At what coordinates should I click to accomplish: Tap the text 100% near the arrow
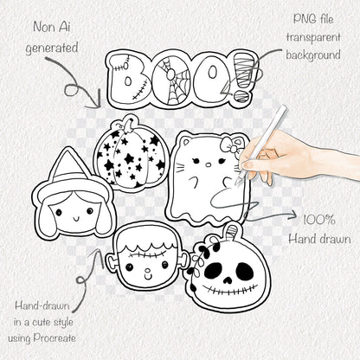(x=319, y=221)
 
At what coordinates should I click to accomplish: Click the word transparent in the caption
(x=313, y=37)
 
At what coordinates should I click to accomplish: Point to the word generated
(x=52, y=48)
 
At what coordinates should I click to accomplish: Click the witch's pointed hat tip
(x=68, y=149)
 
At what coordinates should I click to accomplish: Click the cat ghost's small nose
(x=207, y=165)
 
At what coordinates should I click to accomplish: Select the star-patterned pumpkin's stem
(x=127, y=123)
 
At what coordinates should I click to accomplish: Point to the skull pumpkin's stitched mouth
(x=230, y=289)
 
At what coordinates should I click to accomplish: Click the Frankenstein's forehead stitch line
(x=148, y=255)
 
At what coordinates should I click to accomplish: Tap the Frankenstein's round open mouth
(x=149, y=271)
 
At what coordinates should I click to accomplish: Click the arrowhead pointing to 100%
(x=293, y=215)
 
